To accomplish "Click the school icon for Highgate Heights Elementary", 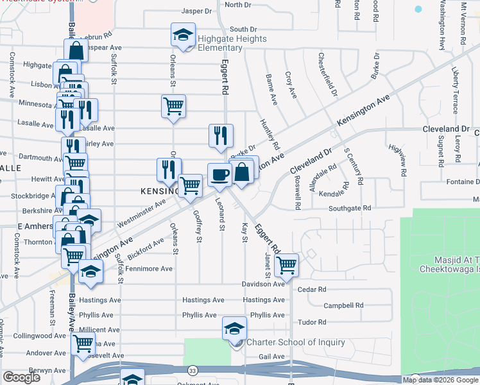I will (x=183, y=34).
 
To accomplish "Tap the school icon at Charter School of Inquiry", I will (x=235, y=329).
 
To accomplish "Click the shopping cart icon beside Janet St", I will (x=286, y=264).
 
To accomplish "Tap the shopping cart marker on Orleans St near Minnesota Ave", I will (x=173, y=105).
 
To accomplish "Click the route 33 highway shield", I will (x=192, y=371).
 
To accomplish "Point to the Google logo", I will (x=21, y=377).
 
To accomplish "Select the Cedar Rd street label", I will (x=313, y=289).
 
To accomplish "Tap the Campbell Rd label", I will (x=343, y=305).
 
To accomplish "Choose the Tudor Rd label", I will (x=313, y=322).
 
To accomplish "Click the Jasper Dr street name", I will (x=196, y=11).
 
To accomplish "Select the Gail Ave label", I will (x=271, y=357).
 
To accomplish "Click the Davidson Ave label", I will (x=262, y=284).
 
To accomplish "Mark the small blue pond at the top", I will (x=418, y=10).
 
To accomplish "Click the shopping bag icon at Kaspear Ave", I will (x=76, y=51).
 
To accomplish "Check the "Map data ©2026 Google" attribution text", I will (x=440, y=380).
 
